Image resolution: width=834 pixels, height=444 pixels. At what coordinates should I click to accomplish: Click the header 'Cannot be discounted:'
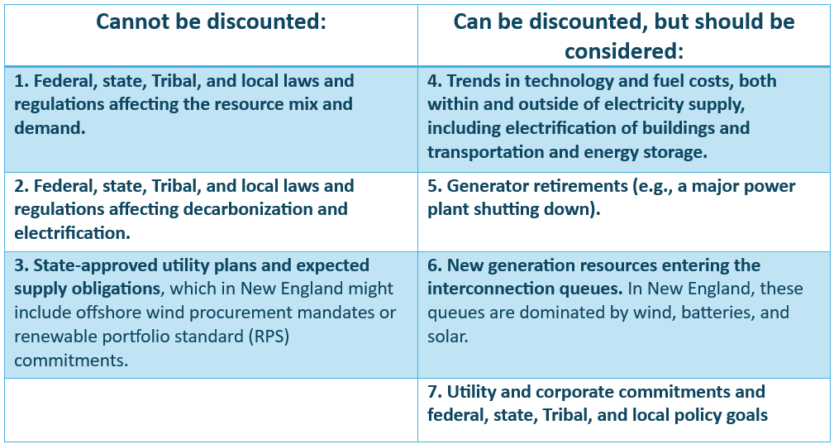(211, 21)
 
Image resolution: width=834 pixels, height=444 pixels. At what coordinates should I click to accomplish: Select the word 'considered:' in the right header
(623, 51)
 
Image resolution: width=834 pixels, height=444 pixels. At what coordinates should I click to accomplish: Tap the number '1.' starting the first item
(21, 81)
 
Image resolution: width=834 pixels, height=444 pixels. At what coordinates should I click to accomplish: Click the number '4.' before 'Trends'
(435, 81)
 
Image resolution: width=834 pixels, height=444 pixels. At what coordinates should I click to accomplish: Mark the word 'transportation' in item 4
(486, 152)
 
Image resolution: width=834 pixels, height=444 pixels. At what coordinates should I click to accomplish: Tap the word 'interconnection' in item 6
(488, 289)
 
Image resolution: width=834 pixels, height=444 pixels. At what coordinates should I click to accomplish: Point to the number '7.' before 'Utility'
(435, 391)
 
